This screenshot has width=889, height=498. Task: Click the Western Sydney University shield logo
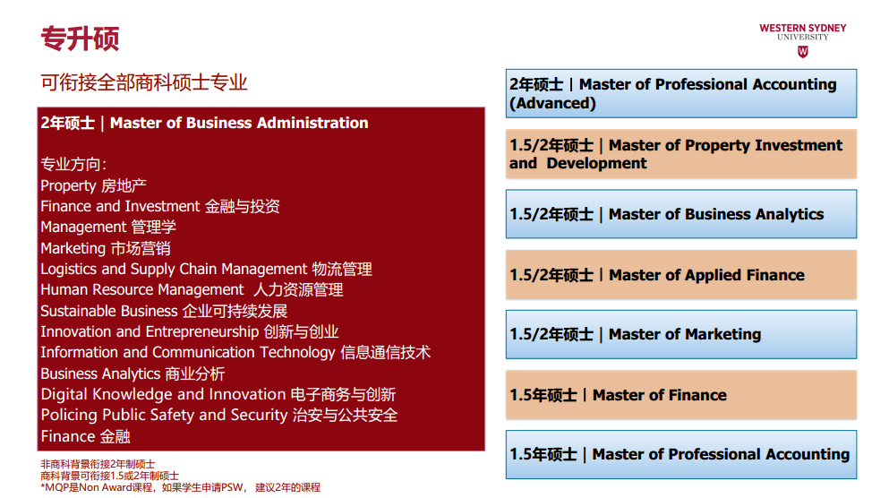[802, 52]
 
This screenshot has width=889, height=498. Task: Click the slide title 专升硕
[80, 39]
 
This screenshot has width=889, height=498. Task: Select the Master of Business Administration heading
[204, 123]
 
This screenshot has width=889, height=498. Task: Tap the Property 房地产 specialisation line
[93, 185]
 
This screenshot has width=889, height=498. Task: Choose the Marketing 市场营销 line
[106, 248]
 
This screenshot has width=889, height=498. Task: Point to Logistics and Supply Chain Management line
[207, 269]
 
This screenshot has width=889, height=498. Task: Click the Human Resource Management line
[192, 290]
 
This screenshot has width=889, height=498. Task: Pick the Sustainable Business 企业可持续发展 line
[164, 311]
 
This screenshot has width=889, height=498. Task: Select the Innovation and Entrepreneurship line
[190, 331]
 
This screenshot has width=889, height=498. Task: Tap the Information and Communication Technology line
[235, 352]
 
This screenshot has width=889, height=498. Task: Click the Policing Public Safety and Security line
[218, 416]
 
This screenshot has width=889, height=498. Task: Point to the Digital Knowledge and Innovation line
[218, 394]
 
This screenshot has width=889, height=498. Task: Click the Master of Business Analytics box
[681, 214]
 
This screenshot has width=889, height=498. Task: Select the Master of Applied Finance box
[681, 274]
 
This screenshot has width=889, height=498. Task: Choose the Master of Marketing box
[681, 334]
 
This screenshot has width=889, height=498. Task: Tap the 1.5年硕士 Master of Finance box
[681, 395]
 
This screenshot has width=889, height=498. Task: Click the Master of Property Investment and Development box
[681, 154]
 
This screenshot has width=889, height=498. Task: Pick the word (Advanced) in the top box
[552, 103]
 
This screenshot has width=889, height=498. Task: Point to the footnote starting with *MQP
[180, 487]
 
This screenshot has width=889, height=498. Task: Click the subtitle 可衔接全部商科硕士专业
[144, 82]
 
